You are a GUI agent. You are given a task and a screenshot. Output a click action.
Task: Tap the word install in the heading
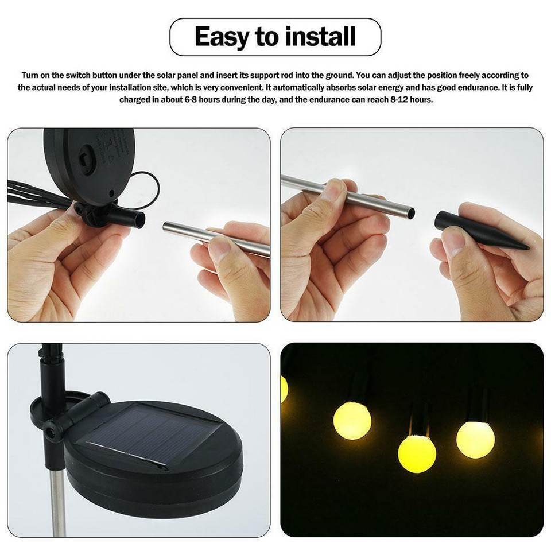[x=319, y=37]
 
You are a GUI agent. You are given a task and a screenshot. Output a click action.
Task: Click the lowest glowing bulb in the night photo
[x=417, y=453]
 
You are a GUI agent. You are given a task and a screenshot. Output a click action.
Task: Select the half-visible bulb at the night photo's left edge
[x=284, y=389]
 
